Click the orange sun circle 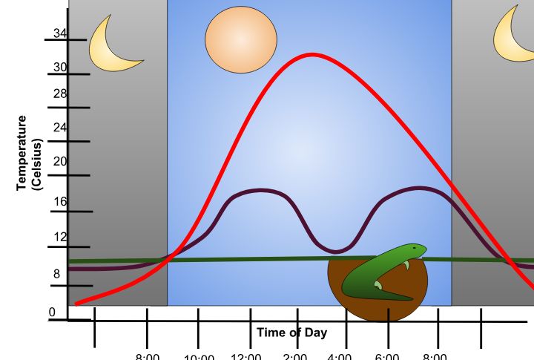coord(241,38)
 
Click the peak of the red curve coord(312,54)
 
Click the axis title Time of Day coord(291,333)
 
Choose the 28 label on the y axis coord(60,94)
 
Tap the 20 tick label coord(60,162)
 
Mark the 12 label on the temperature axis coord(60,238)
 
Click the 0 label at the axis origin coord(53,312)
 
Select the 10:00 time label coord(198,356)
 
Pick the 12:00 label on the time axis coord(246,355)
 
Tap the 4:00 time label coord(339,355)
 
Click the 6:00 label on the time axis coord(387,355)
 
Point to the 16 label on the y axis coord(60,201)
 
